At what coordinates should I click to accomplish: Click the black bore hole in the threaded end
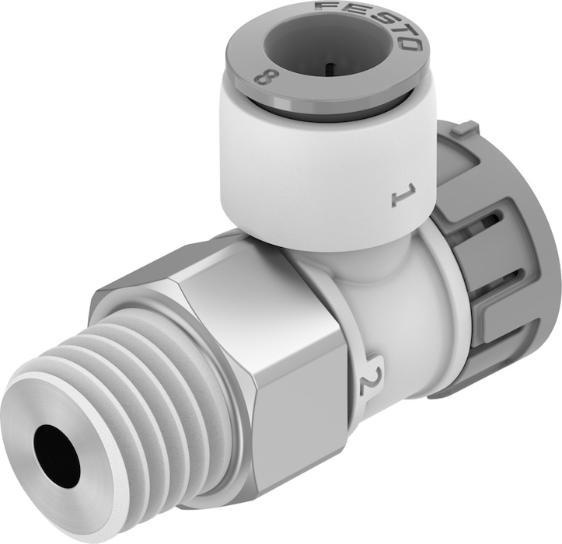click(x=58, y=456)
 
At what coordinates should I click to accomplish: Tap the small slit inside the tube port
click(x=330, y=67)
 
